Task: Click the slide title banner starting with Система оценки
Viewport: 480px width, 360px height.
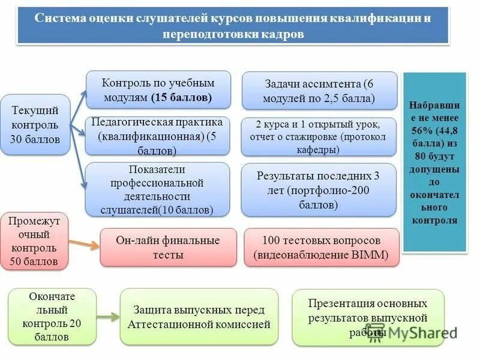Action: [233, 25]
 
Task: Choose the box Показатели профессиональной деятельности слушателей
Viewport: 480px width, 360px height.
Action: [158, 189]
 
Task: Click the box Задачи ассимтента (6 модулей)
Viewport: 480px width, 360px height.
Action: [319, 91]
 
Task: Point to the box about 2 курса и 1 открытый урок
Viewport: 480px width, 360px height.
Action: [319, 137]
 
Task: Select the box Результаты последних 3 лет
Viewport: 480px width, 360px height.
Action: [319, 190]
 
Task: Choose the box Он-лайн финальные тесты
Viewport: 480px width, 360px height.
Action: [167, 247]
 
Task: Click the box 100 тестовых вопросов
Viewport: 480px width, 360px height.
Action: [322, 247]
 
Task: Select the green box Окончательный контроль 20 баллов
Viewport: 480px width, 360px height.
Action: [52, 316]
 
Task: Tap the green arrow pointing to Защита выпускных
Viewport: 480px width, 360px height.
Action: [108, 317]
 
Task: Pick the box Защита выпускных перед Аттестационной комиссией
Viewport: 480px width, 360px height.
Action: [199, 317]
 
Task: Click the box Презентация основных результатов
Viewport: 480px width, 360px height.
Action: [368, 317]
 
